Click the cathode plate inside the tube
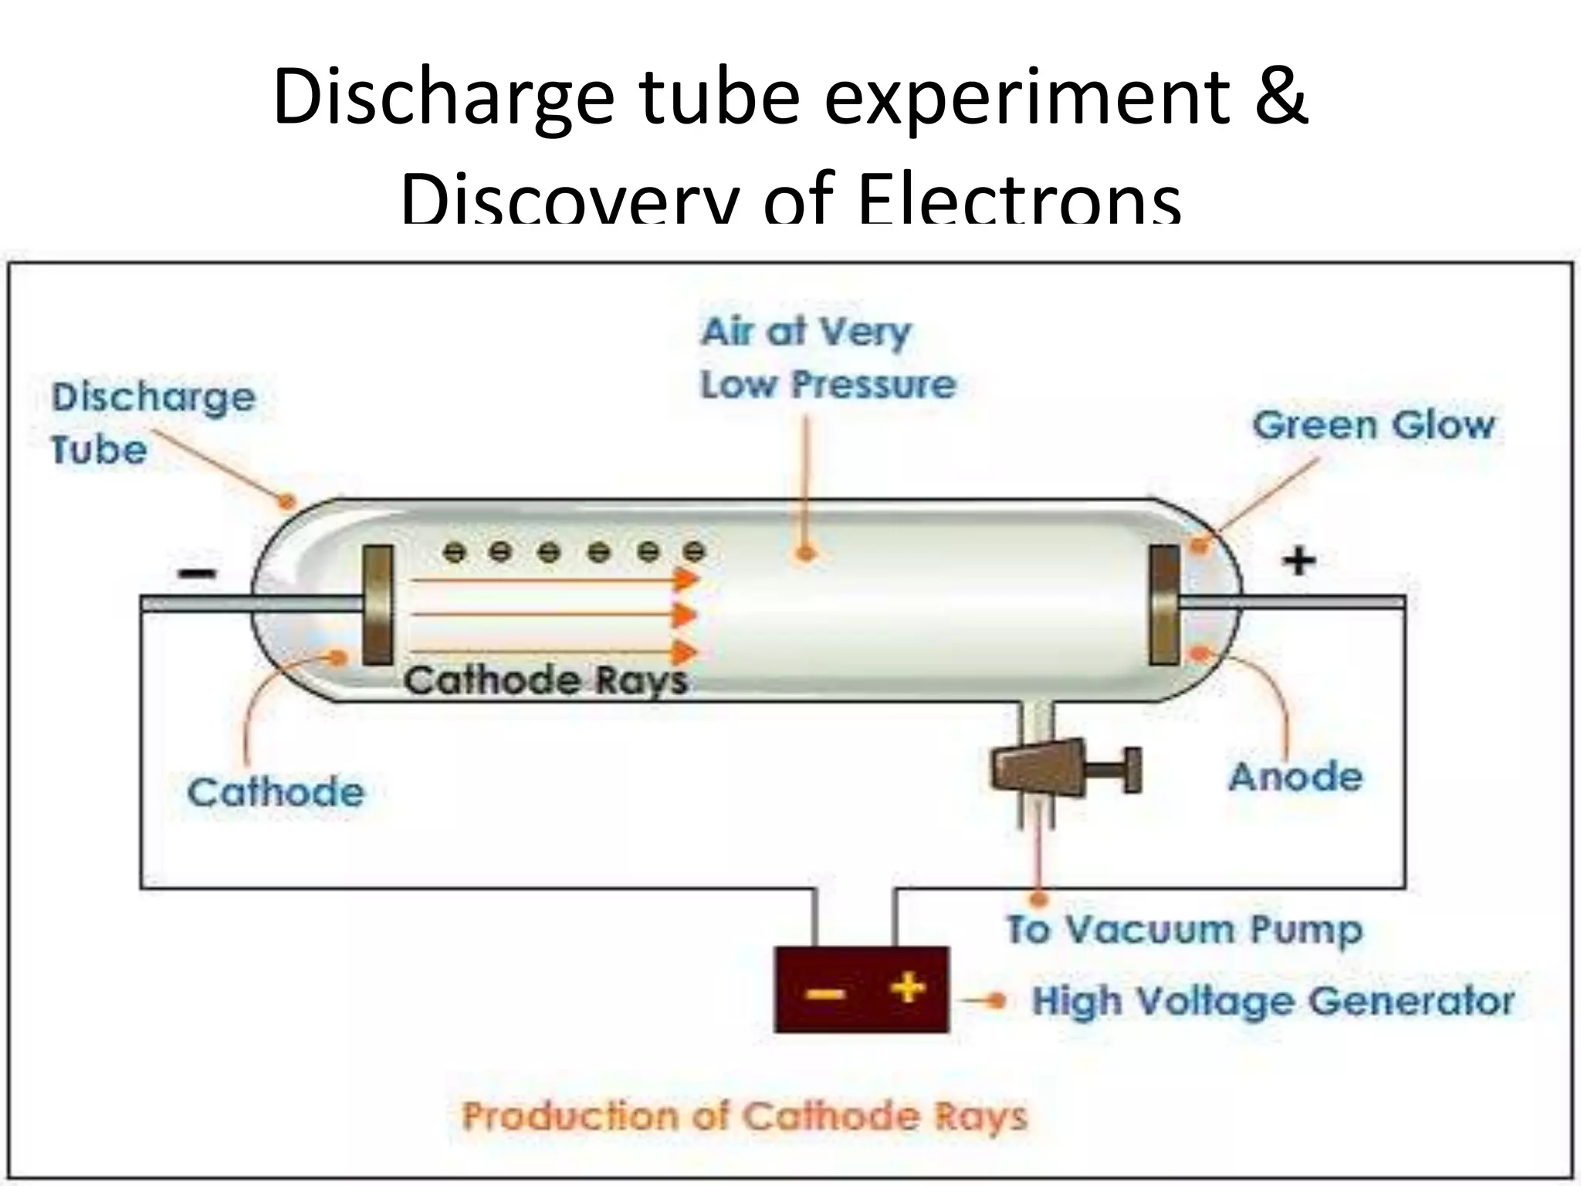pyautogui.click(x=377, y=605)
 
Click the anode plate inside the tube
pyautogui.click(x=1164, y=605)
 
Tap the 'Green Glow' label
pyautogui.click(x=1373, y=425)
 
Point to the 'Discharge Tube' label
pyautogui.click(x=153, y=423)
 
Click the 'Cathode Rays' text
pyautogui.click(x=545, y=680)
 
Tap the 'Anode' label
pyautogui.click(x=1295, y=777)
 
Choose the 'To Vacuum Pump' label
pyautogui.click(x=1183, y=930)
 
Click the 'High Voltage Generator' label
pyautogui.click(x=1273, y=1001)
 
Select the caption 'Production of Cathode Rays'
pyautogui.click(x=745, y=1117)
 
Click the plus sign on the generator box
pyautogui.click(x=907, y=988)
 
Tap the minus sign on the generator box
pyautogui.click(x=824, y=992)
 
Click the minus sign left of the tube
pyautogui.click(x=198, y=573)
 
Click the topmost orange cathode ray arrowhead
pyautogui.click(x=685, y=579)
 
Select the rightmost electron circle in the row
pyautogui.click(x=695, y=552)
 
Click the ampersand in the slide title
pyautogui.click(x=1276, y=98)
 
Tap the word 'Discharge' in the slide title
pyautogui.click(x=442, y=100)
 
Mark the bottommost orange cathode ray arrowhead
pyautogui.click(x=685, y=652)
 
